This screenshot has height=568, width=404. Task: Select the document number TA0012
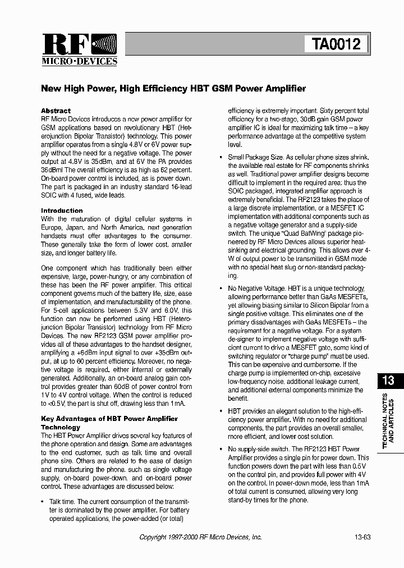pos(336,44)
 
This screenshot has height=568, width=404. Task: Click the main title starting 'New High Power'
pos(173,89)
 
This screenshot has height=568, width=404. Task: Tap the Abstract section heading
pos(56,111)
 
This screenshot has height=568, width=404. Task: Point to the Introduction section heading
pos(62,210)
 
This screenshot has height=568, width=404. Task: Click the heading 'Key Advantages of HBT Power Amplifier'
pos(109,419)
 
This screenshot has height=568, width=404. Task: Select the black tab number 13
pos(388,381)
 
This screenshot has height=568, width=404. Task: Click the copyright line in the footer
pos(200,537)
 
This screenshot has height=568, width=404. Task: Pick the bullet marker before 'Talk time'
pos(43,502)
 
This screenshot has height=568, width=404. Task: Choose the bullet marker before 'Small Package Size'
pos(221,158)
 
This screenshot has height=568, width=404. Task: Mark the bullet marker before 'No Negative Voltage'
pos(221,288)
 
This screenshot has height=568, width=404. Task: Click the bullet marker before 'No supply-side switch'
pos(221,450)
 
